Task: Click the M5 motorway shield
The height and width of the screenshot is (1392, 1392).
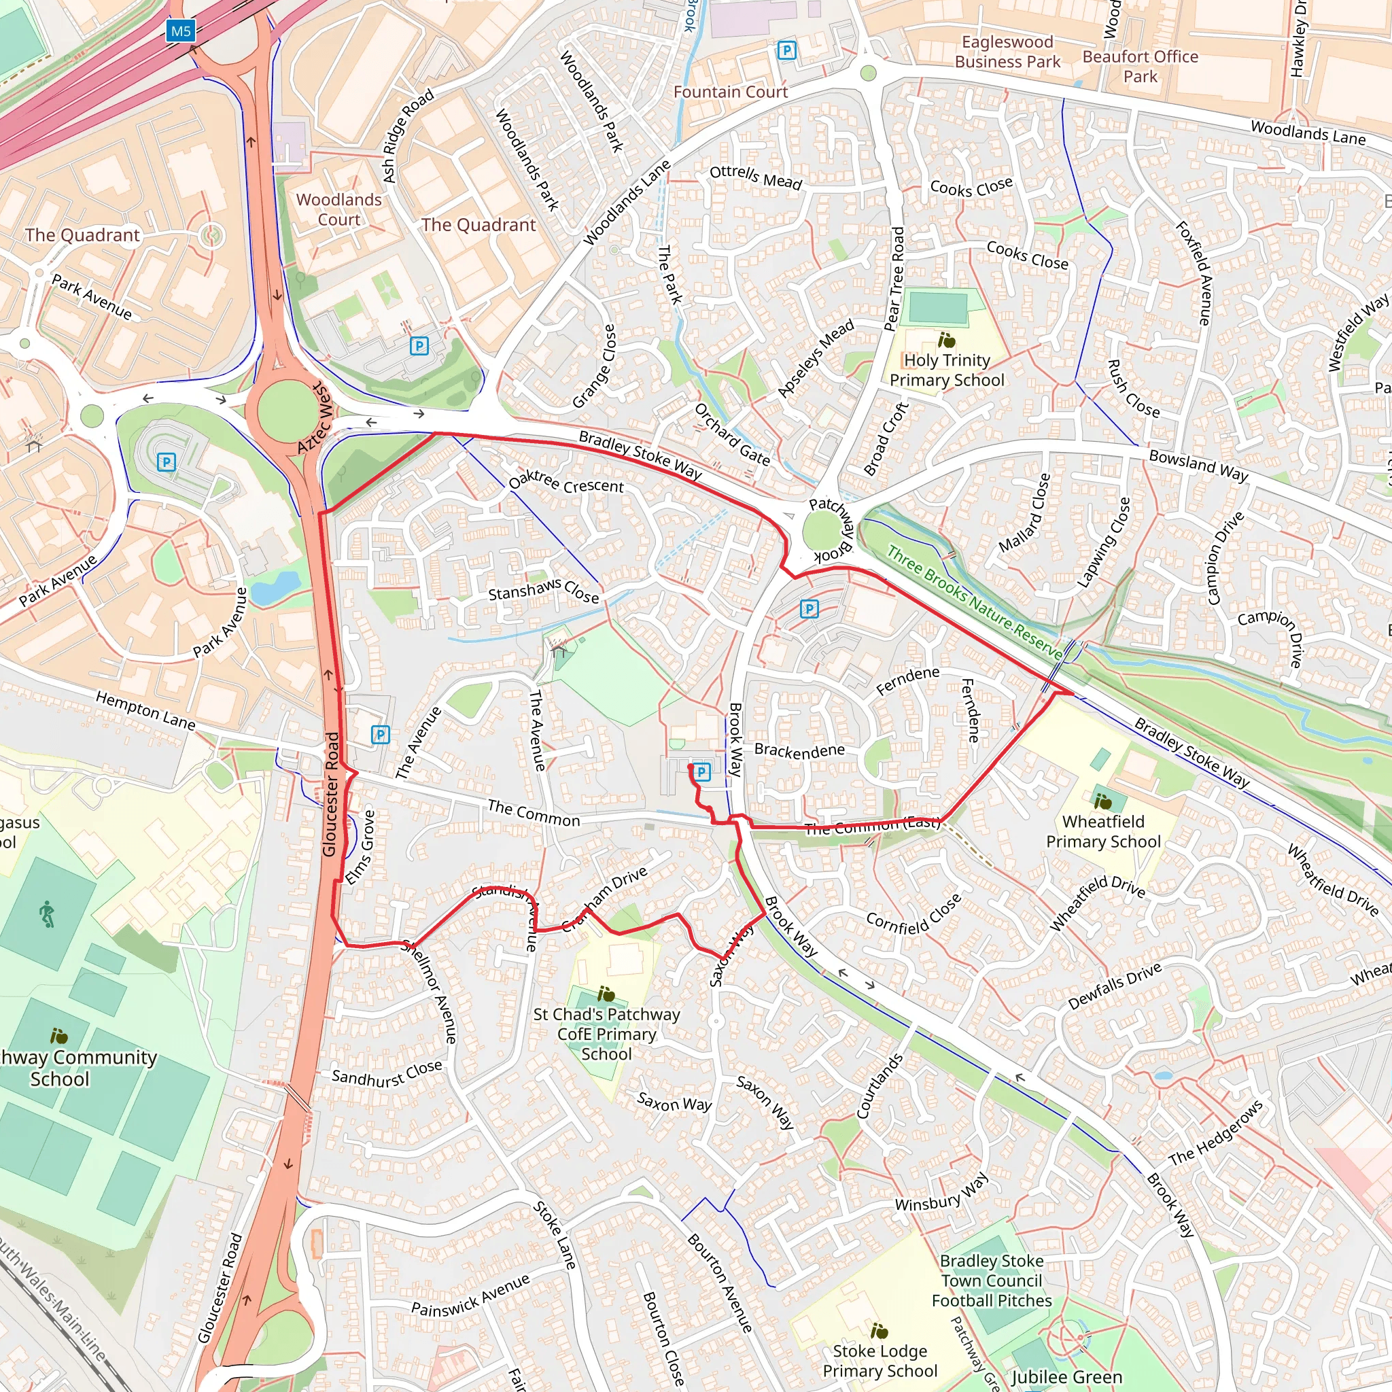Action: (x=180, y=31)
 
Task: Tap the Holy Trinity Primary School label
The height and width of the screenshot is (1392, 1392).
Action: (x=947, y=370)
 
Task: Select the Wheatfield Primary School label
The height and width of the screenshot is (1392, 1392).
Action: (x=1103, y=831)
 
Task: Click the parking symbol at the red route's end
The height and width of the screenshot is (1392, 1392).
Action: (x=701, y=772)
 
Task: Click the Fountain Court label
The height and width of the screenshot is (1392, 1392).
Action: (x=731, y=92)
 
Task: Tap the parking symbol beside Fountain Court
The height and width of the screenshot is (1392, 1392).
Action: (x=787, y=50)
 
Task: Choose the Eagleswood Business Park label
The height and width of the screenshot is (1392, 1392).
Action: (x=1007, y=52)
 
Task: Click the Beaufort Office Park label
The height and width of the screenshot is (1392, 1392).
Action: (x=1140, y=67)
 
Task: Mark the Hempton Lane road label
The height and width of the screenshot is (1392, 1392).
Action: (x=145, y=710)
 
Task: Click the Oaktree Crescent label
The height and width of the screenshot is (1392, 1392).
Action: (x=565, y=483)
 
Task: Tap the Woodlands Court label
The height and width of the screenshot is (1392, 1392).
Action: (x=338, y=209)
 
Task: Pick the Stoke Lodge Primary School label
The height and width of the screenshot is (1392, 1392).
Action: (x=880, y=1360)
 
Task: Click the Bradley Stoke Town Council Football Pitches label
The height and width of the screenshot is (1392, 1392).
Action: (x=992, y=1281)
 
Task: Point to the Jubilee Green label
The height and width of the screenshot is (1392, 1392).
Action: (x=1067, y=1377)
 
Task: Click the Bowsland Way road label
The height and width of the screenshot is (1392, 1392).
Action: (x=1198, y=466)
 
